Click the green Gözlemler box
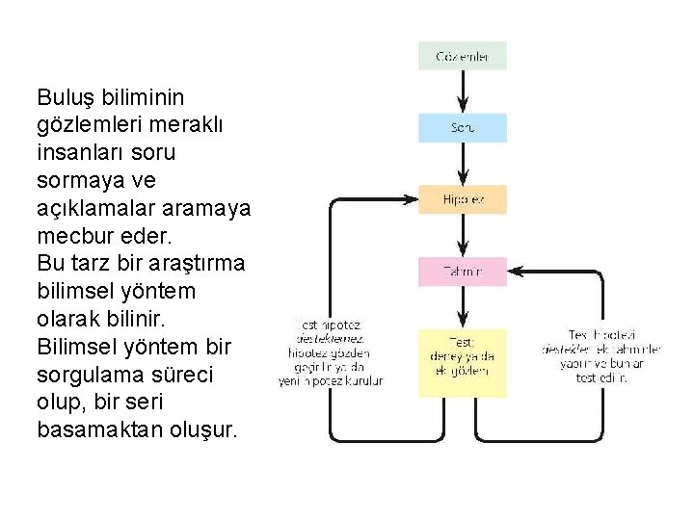click(462, 56)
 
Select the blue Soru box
click(462, 127)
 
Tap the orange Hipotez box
click(462, 199)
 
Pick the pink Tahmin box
click(462, 272)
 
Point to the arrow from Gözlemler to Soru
click(462, 91)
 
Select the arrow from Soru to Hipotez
click(462, 164)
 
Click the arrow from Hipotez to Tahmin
click(462, 236)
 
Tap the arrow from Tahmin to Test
click(462, 308)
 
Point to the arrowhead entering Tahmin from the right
click(514, 272)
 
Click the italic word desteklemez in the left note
click(331, 339)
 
